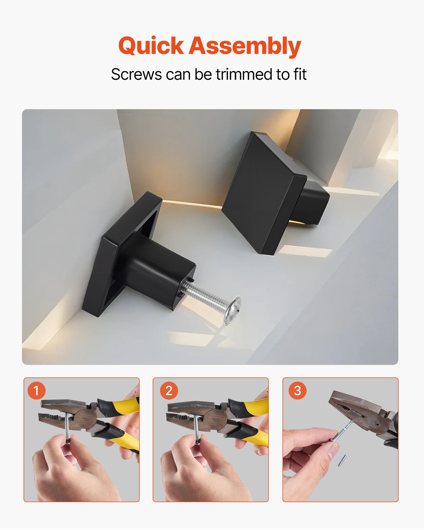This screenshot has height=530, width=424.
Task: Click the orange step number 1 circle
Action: tap(37, 390)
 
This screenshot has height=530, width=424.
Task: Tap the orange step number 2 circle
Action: tap(169, 390)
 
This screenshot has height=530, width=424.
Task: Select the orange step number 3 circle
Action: tap(297, 390)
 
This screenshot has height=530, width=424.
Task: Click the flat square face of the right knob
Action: tap(261, 193)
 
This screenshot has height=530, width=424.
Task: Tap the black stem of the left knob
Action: tap(156, 270)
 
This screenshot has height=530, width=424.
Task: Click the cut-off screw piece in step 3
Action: tap(342, 461)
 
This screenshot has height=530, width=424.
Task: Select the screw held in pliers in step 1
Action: tap(67, 427)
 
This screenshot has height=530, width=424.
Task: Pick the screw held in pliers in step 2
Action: tap(196, 427)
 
